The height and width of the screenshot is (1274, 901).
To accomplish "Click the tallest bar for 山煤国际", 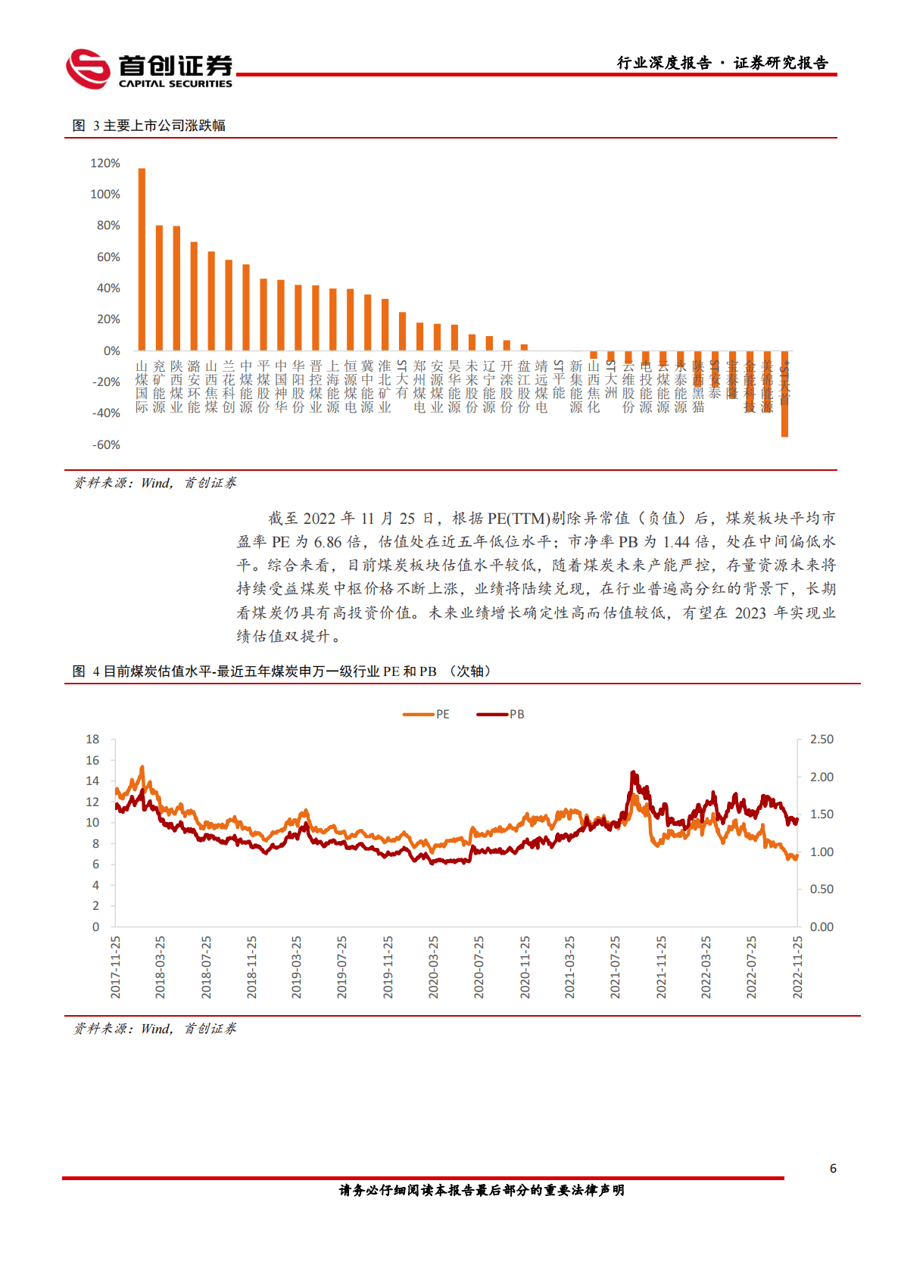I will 142,259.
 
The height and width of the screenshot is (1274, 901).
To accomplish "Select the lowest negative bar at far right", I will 784,394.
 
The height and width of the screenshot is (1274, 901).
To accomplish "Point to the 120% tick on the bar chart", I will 105,164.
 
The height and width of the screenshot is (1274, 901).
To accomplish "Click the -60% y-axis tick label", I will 107,445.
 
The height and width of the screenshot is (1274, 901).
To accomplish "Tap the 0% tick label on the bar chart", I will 111,351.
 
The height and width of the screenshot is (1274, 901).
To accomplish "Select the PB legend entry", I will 500,715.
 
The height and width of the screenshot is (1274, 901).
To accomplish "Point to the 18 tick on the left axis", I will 92,740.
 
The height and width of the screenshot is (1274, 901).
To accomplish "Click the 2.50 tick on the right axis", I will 821,740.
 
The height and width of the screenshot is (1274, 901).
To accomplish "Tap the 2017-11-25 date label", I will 116,967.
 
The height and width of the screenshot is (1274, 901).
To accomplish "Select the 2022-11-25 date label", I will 797,967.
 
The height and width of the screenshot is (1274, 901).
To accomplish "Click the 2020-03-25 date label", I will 434,967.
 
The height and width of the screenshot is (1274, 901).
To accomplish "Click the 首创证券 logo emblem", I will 88,69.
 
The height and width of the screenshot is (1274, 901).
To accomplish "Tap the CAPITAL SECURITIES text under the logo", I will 176,84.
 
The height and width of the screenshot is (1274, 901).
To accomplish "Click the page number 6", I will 833,1169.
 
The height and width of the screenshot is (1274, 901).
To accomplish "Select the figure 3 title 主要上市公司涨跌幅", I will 164,126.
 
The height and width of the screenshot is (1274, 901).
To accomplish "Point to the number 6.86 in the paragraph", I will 328,542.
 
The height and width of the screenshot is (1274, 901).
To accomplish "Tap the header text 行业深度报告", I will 664,63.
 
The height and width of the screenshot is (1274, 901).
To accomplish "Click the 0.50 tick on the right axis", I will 821,889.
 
